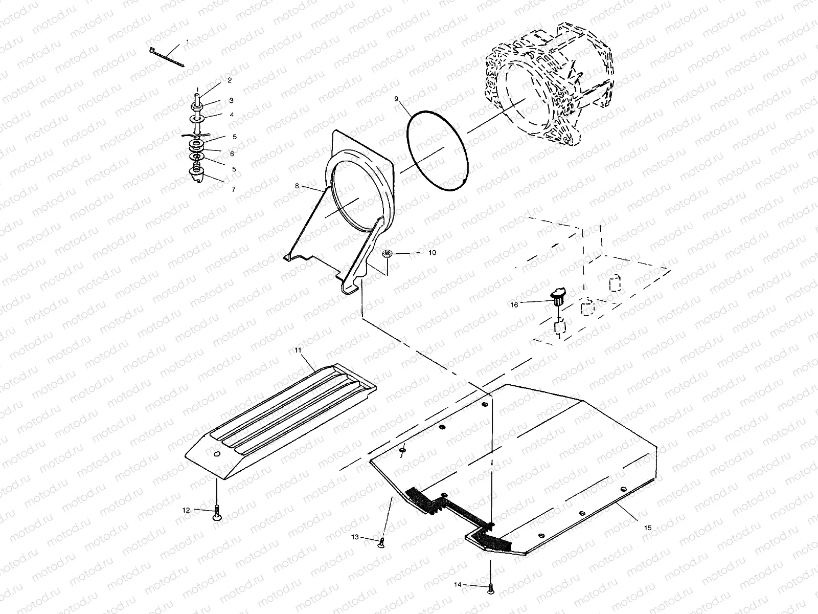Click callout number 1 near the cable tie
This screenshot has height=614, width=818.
tap(187, 41)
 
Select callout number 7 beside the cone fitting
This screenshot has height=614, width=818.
tap(233, 189)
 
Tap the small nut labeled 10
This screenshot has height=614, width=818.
tap(387, 253)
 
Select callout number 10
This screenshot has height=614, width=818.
tap(432, 253)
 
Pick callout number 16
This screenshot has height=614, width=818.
tap(514, 304)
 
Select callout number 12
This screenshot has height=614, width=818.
tap(186, 510)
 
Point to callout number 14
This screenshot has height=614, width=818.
tap(457, 584)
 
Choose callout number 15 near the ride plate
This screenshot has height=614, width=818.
tap(648, 527)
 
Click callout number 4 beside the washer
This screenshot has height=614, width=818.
tap(232, 115)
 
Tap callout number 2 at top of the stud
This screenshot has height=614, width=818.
tap(230, 80)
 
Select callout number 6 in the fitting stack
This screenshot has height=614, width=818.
tap(232, 153)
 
